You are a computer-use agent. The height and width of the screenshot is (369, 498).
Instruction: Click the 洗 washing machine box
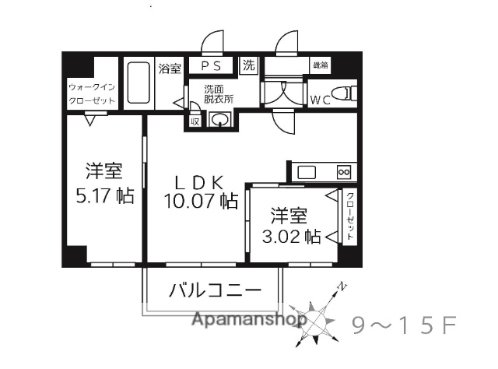(249, 65)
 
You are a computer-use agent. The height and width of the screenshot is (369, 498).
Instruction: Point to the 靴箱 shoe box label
(320, 65)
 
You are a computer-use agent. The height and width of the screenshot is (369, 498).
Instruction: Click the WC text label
(321, 99)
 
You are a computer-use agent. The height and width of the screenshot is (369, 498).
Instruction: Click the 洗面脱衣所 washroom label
(219, 93)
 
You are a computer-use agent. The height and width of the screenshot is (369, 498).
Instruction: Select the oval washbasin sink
(221, 119)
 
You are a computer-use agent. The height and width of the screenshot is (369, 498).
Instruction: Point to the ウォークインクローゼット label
(91, 93)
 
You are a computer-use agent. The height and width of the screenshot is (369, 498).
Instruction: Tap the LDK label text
(199, 182)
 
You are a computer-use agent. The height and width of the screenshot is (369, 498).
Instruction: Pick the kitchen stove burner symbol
(344, 170)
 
